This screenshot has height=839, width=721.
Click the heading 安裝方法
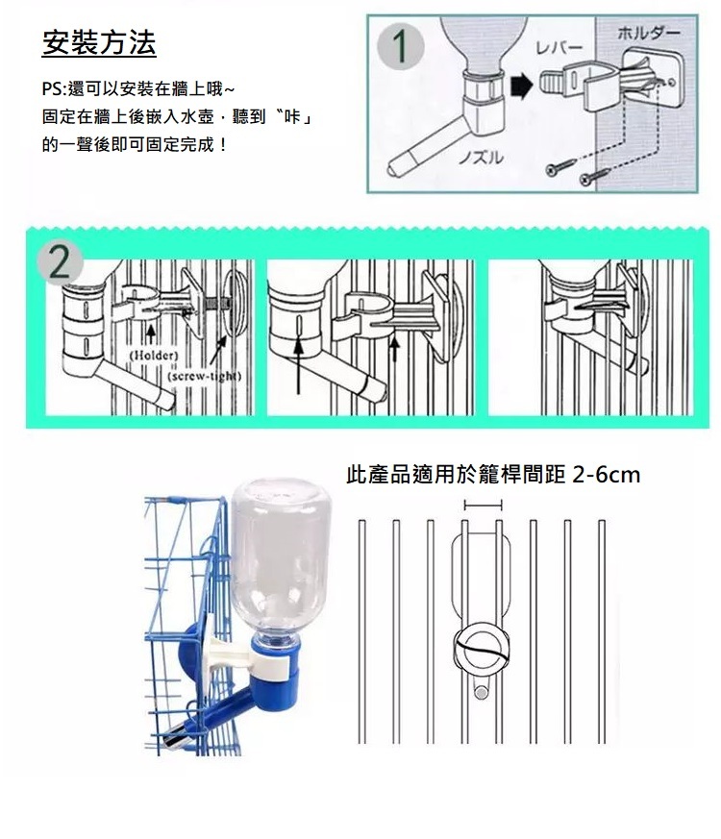(x=99, y=43)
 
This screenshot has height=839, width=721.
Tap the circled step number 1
(x=400, y=47)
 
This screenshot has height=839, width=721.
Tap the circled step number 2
(x=60, y=263)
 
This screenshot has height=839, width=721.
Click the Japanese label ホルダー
(x=649, y=34)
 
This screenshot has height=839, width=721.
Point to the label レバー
(x=559, y=48)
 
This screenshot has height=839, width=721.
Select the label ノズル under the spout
(x=482, y=158)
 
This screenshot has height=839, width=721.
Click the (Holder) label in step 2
(x=154, y=356)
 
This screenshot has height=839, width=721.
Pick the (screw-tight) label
(x=205, y=376)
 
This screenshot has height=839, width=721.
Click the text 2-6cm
(x=606, y=475)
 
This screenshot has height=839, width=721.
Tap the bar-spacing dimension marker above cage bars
(x=483, y=505)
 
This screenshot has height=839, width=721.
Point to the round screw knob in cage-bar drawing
(x=482, y=649)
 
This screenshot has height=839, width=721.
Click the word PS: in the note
(x=53, y=88)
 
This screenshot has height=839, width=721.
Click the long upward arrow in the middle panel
(x=298, y=365)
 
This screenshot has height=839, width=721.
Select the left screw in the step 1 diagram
(x=559, y=166)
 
